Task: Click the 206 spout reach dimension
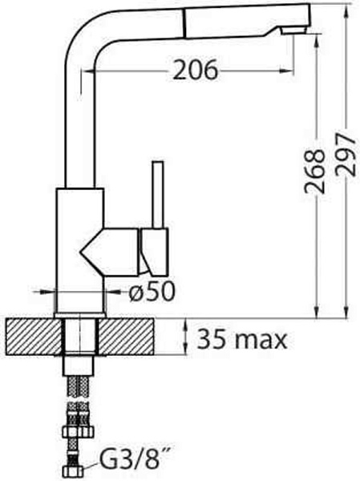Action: click(x=195, y=70)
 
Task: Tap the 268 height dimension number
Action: click(x=315, y=172)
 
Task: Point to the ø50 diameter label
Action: click(x=152, y=291)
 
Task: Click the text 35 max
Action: click(x=242, y=339)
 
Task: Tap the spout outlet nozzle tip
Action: click(x=293, y=30)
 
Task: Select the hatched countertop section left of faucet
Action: click(x=34, y=337)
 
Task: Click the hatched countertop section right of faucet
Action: click(x=127, y=337)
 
